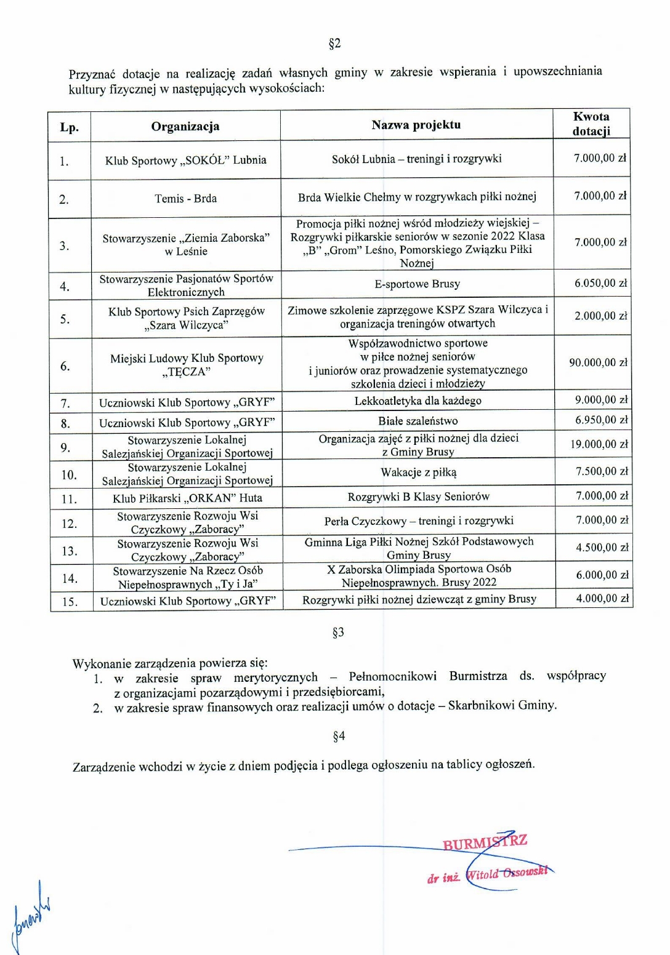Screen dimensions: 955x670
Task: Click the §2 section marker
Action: pos(334,44)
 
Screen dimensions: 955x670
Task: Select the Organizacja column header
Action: pos(185,127)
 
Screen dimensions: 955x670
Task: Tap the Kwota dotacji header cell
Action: pos(591,124)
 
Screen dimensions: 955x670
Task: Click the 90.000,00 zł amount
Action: pos(598,363)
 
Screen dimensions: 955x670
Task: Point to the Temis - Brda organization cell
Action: pos(185,199)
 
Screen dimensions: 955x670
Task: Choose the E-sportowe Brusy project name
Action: pos(418,284)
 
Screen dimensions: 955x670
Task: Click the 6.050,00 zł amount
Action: pos(600,284)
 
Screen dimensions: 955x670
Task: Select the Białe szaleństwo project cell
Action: pos(418,422)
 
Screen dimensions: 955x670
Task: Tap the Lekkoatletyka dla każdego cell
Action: pos(418,401)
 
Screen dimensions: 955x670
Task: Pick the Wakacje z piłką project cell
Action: pos(419,473)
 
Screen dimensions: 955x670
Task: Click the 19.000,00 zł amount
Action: pos(599,444)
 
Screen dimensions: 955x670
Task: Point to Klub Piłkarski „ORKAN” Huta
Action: pos(187,498)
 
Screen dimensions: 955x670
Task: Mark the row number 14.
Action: pos(70,579)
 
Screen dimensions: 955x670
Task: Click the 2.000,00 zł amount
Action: pos(600,316)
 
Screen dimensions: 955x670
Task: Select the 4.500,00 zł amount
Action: pos(602,548)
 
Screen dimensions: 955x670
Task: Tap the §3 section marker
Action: pos(338,633)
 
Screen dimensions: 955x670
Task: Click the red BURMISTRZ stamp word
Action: pos(485,842)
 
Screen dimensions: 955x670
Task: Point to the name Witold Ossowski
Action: pos(507,873)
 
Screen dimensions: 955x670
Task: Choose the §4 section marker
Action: pos(339,736)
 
